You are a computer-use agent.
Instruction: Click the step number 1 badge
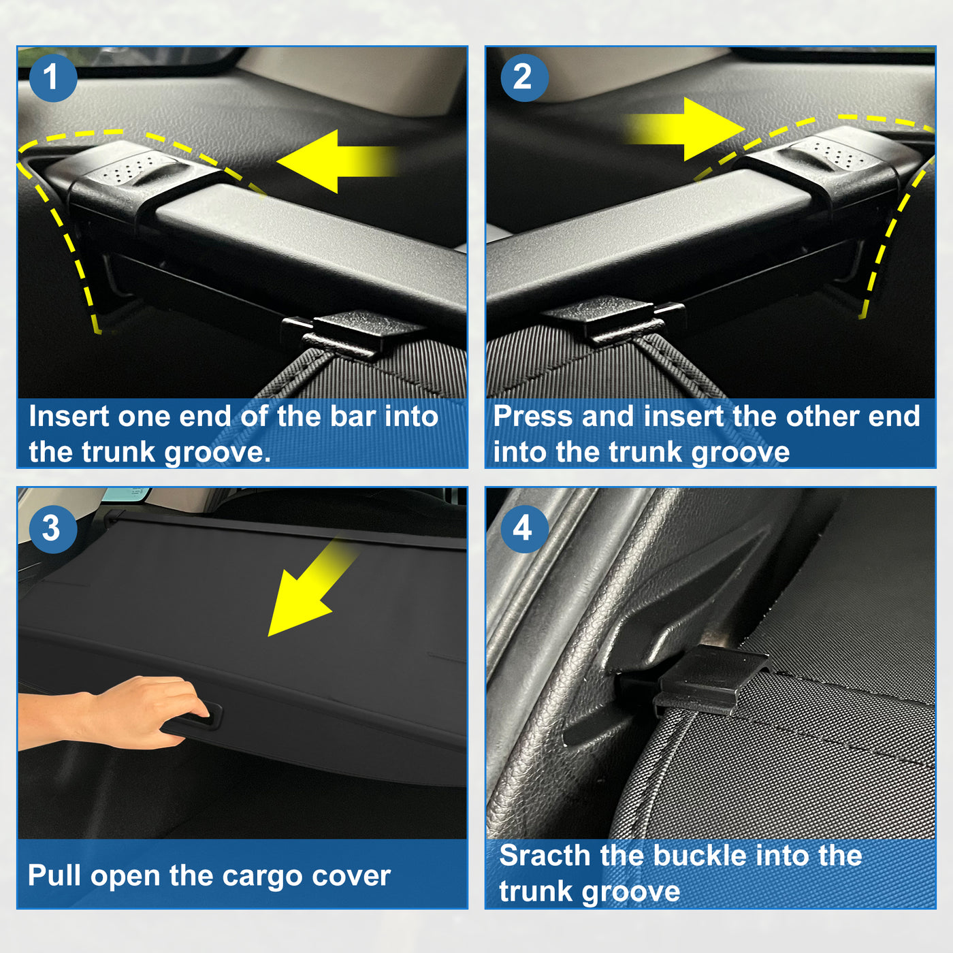coord(53,78)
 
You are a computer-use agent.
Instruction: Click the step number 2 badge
coord(524,78)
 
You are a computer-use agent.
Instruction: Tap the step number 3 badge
coord(53,529)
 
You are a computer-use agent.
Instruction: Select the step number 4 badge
coord(524,529)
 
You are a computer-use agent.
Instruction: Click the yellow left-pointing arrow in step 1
coord(336,161)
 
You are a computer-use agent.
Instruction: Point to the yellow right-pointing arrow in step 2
coord(685,129)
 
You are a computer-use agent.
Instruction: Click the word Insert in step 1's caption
coord(69,417)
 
